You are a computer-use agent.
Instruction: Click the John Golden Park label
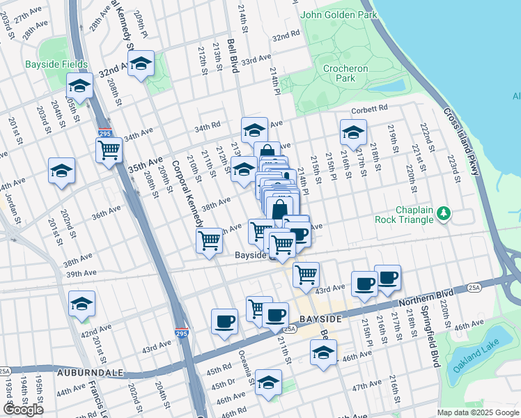click(338, 15)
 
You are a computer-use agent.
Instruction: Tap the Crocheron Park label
click(340, 73)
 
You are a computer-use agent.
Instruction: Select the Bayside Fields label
click(56, 65)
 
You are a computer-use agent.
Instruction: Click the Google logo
click(24, 410)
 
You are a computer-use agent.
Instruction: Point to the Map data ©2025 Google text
click(478, 412)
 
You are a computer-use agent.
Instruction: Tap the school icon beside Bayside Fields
click(79, 86)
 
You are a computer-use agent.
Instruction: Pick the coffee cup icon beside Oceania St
click(224, 321)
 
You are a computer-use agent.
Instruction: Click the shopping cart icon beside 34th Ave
click(109, 149)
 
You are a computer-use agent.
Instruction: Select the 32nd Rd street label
click(286, 36)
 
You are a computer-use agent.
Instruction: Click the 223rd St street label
click(453, 165)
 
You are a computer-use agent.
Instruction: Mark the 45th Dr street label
click(223, 384)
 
